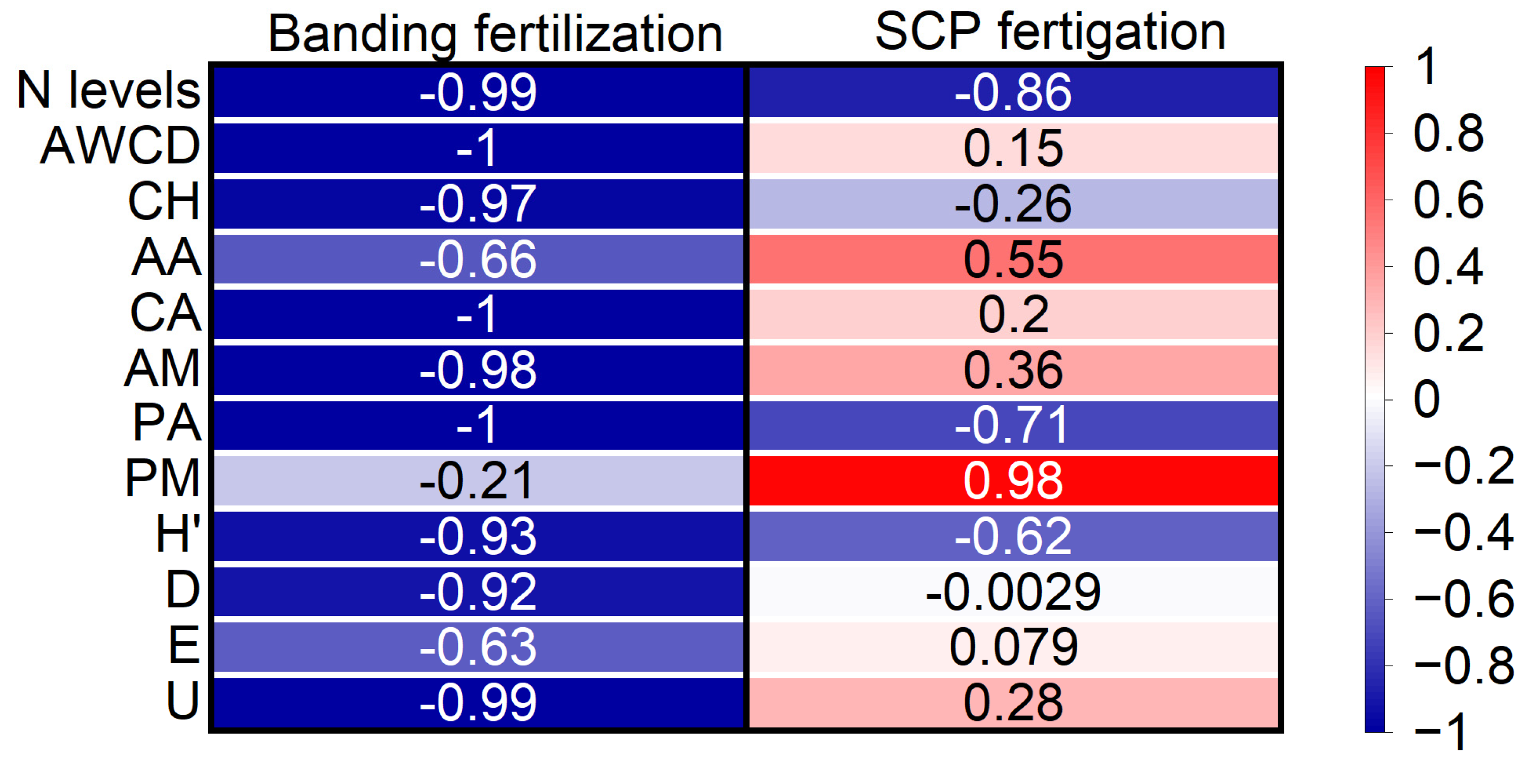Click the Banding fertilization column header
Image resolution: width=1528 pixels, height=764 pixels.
click(x=495, y=34)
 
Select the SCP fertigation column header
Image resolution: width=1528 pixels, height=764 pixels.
click(x=1050, y=32)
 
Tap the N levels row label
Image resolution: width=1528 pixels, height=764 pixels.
click(x=109, y=90)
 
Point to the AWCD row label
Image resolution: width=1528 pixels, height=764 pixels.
click(x=121, y=146)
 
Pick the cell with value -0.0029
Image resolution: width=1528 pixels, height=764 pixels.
click(x=1013, y=592)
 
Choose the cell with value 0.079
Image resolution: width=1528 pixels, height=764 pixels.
click(x=1013, y=647)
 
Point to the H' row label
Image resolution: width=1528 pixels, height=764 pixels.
click(x=178, y=534)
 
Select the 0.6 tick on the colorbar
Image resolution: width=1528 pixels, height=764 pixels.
click(x=1448, y=200)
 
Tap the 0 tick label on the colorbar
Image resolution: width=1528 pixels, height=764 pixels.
click(x=1427, y=399)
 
